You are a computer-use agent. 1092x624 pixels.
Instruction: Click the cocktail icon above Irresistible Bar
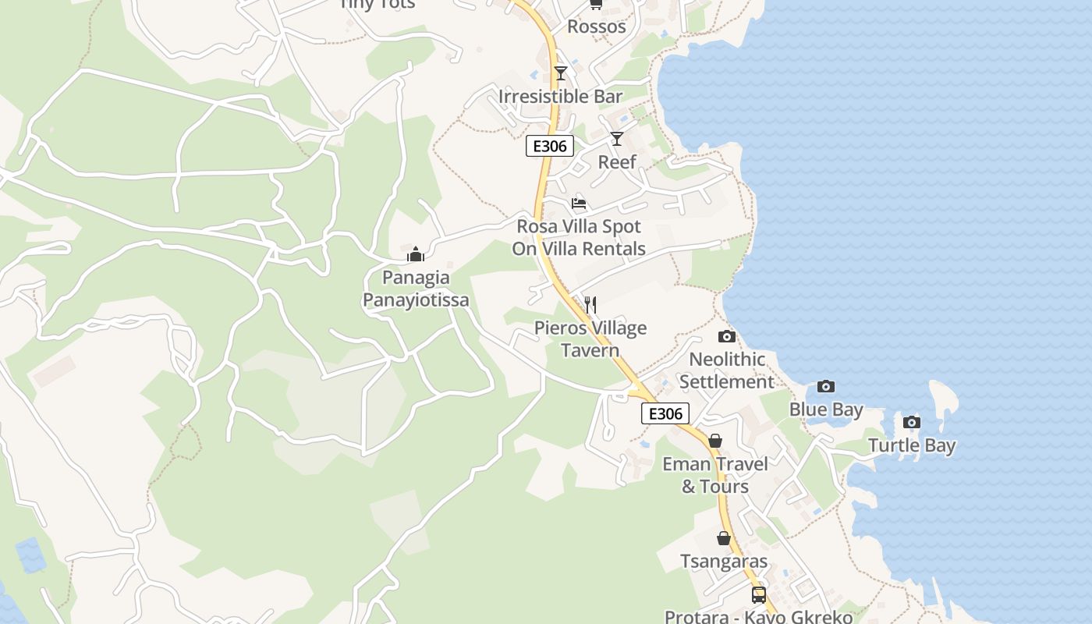pos(560,73)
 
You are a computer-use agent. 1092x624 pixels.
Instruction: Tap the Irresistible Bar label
pos(560,97)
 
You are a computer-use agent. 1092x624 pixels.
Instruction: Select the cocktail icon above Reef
pos(617,139)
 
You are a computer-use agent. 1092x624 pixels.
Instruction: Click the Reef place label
pos(617,162)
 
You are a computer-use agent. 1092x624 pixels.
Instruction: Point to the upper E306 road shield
pos(550,146)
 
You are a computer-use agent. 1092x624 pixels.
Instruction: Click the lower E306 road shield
pos(665,413)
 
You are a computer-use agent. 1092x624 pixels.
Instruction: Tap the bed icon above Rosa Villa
pos(579,203)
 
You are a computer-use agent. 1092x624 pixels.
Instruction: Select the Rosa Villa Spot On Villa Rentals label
pos(579,238)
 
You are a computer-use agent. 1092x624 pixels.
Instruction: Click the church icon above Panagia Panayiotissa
pos(416,254)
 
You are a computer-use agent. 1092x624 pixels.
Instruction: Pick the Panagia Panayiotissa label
pos(416,289)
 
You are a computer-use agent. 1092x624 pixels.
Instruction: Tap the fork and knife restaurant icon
pos(590,304)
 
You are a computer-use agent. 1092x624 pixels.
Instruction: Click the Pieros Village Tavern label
pos(590,339)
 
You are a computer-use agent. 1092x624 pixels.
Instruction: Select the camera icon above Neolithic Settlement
pos(726,336)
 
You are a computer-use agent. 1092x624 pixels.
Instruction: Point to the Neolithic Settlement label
pos(726,370)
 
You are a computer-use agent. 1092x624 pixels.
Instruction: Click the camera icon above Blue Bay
pos(825,386)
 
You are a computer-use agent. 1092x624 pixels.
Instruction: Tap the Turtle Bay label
pos(912,446)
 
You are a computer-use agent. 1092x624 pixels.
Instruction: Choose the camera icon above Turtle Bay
pos(911,422)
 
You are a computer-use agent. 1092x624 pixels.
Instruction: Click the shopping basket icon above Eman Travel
pos(714,441)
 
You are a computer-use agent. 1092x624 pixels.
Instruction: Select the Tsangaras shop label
pos(724,562)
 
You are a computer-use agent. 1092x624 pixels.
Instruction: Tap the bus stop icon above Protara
pos(758,594)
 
